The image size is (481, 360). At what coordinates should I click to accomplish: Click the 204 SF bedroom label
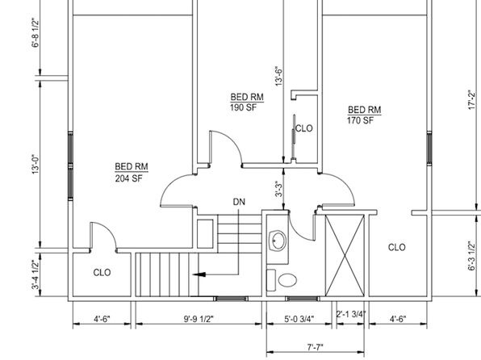129,178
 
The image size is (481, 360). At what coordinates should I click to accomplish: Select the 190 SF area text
243,107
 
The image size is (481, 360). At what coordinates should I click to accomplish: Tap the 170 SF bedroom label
361,120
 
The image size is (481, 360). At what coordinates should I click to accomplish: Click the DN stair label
239,202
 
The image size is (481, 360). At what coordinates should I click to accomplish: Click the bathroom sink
278,241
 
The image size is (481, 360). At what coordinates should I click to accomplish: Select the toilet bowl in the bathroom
287,280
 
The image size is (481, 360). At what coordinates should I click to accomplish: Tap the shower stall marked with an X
345,255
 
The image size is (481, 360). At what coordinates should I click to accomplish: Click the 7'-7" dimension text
315,347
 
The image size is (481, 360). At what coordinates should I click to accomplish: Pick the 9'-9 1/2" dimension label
199,319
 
